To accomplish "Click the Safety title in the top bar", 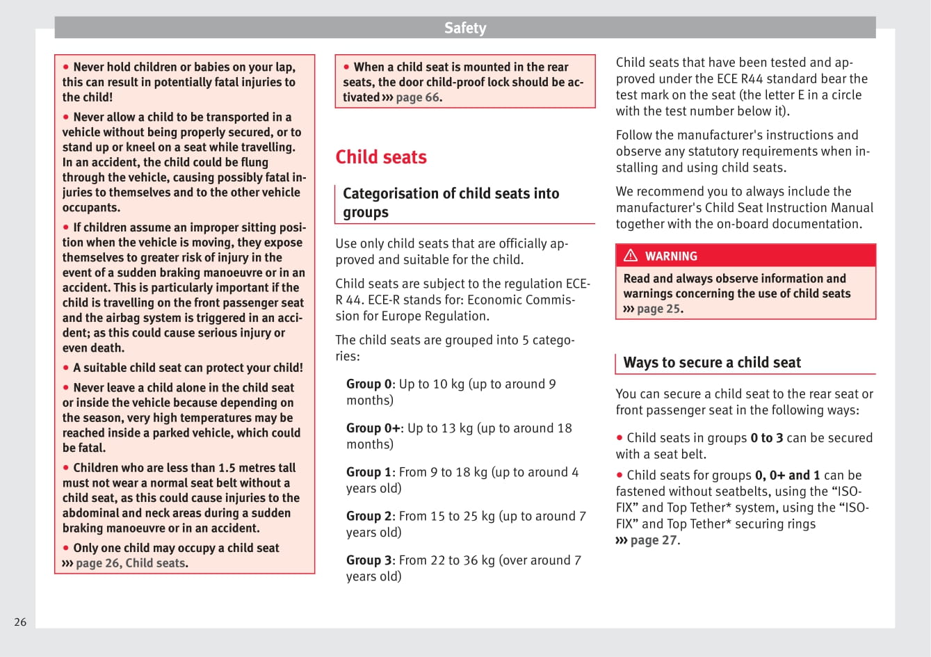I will click(465, 28).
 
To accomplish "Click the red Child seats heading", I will click(381, 157).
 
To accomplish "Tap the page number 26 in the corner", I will click(20, 622).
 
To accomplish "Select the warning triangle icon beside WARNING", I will click(631, 256).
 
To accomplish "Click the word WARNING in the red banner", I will click(671, 257).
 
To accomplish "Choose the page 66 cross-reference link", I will click(418, 97).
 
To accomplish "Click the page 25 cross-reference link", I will click(658, 309).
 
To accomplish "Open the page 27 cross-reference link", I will click(653, 540).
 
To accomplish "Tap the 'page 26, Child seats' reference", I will click(131, 563).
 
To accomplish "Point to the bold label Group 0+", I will click(373, 428).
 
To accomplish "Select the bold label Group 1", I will click(369, 472).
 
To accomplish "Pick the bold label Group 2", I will click(369, 516).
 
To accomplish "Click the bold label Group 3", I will click(369, 560).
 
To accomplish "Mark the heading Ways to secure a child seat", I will click(712, 362).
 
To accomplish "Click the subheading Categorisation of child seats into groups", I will click(451, 202).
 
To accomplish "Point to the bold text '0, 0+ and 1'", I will click(787, 476).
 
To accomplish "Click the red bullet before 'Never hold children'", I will click(66, 67).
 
